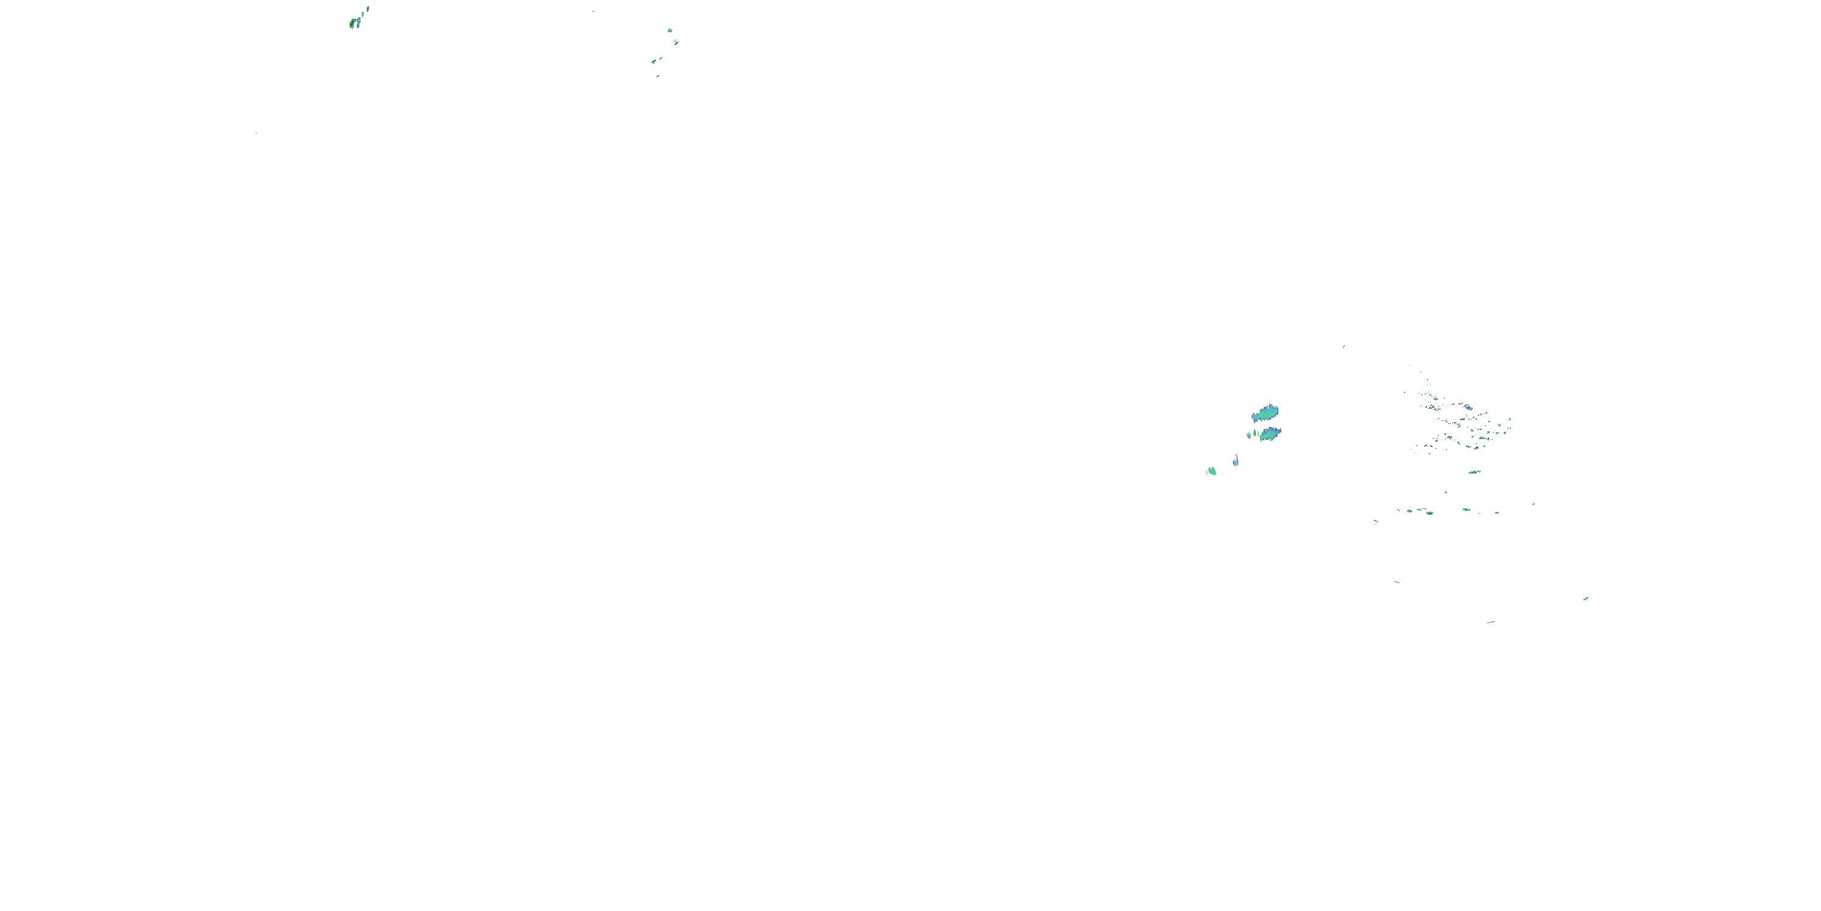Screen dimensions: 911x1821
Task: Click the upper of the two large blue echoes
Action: click(1266, 412)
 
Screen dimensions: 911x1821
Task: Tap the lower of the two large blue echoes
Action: click(1270, 434)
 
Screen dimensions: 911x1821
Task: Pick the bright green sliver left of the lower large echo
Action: click(1255, 433)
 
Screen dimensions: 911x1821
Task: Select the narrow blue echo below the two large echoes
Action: click(1236, 461)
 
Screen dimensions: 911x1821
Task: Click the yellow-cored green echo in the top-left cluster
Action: click(352, 23)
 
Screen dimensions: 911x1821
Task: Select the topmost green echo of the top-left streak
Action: click(368, 9)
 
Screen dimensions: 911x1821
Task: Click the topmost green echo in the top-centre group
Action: click(670, 30)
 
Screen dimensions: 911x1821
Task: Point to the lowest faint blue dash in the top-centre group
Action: click(657, 76)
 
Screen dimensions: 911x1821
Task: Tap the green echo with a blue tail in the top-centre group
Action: click(654, 61)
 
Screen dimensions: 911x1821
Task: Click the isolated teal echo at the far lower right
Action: click(1585, 598)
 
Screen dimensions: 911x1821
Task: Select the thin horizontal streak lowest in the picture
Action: click(1491, 622)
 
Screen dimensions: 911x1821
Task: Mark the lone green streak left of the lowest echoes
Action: click(1397, 582)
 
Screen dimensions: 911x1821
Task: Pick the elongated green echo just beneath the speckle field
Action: click(1474, 472)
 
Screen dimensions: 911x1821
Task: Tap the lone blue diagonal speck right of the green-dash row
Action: click(1533, 504)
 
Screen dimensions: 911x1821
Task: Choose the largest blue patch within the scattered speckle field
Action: click(1468, 408)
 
